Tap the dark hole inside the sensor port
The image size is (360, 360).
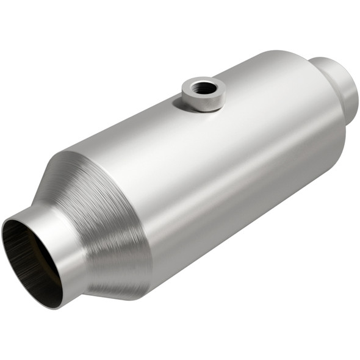[203, 88]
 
